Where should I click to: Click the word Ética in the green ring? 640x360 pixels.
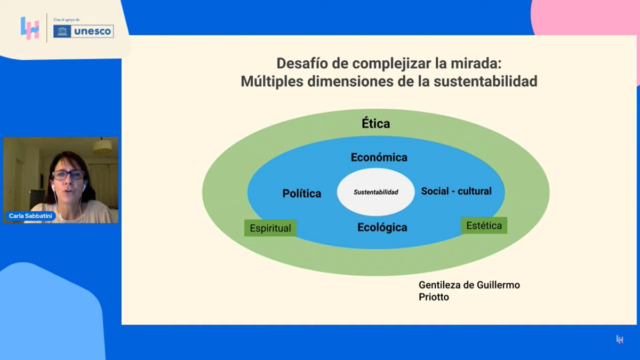376,124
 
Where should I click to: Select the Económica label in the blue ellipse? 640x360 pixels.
379,157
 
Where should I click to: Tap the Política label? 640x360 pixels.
302,194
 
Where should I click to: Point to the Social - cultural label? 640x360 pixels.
456,191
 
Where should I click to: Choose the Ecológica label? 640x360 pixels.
382,228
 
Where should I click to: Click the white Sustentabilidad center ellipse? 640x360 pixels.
376,192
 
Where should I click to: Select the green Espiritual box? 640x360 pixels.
270,228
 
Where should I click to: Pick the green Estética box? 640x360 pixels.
484,226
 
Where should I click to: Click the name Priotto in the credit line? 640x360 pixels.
434,297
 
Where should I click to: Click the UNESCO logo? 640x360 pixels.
84,31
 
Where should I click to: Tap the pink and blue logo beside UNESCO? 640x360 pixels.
30,28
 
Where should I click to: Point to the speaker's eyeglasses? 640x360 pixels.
68,174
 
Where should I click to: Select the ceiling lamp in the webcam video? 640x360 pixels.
102,147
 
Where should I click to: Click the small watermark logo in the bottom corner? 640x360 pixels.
620,339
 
